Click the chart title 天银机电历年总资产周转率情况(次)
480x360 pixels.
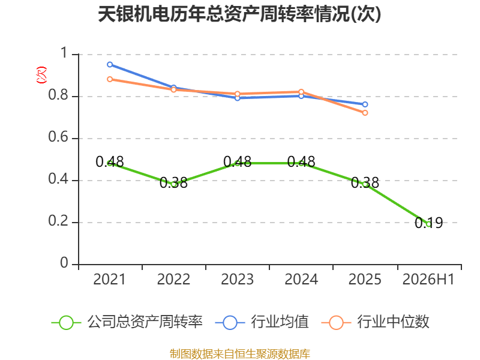click(x=239, y=14)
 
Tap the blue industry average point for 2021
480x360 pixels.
click(x=110, y=65)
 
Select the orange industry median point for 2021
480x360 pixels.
click(x=110, y=79)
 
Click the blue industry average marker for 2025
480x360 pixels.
click(x=365, y=104)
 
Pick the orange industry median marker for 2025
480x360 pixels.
click(x=365, y=113)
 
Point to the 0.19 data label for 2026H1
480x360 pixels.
click(x=428, y=223)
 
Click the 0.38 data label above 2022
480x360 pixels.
click(x=173, y=183)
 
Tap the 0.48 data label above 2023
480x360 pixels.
click(x=237, y=161)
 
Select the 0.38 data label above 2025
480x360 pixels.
click(x=365, y=183)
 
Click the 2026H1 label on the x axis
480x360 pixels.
click(x=428, y=279)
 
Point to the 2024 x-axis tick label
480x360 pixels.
click(x=301, y=279)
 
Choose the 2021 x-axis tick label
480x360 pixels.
click(x=110, y=279)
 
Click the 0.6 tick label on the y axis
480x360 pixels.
click(x=58, y=137)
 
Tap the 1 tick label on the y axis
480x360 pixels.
click(x=64, y=53)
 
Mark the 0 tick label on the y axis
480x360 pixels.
click(x=64, y=263)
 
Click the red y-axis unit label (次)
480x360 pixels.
click(x=41, y=75)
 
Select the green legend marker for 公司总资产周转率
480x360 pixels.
click(x=66, y=323)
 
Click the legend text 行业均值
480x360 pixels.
click(x=280, y=322)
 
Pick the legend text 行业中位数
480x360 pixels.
click(x=394, y=322)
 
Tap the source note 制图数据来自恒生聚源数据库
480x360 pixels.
click(x=240, y=353)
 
